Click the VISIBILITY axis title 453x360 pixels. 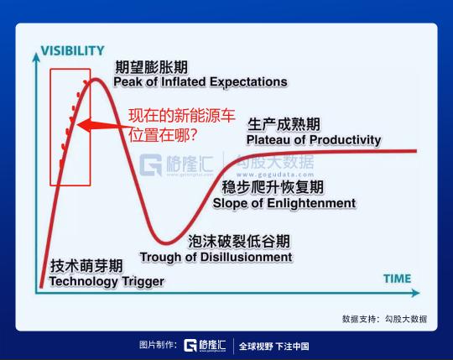[x=72, y=51]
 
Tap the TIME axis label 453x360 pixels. [x=398, y=279]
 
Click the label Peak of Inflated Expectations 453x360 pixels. [x=200, y=82]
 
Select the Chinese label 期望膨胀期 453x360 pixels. [x=151, y=67]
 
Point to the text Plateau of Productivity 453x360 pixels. [x=314, y=140]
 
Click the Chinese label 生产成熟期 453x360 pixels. [x=284, y=124]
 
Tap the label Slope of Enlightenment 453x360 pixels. [x=284, y=203]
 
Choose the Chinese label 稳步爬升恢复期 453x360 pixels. [x=273, y=187]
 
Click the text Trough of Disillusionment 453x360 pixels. [x=216, y=257]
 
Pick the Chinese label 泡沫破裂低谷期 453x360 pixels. [x=239, y=241]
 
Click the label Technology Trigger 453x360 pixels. [x=107, y=281]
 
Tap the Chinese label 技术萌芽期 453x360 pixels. [x=86, y=266]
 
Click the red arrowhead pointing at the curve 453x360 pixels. [x=85, y=125]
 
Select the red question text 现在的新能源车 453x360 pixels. [x=182, y=116]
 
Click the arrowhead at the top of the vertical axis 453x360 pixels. [x=36, y=57]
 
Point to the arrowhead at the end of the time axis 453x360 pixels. [x=415, y=293]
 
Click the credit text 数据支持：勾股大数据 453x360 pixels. [x=384, y=319]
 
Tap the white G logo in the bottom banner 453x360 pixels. [x=190, y=345]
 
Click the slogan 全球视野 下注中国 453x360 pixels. [x=273, y=346]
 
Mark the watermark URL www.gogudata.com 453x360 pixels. [x=275, y=175]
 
